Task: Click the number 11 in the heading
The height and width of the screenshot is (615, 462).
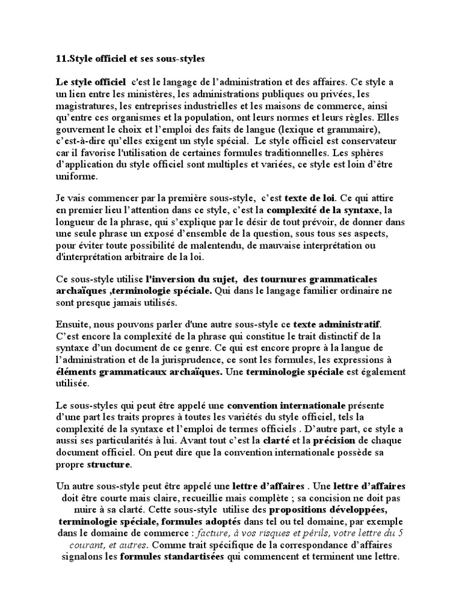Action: (x=60, y=59)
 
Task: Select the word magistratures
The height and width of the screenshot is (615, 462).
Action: (x=83, y=106)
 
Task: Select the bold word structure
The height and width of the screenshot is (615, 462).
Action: (x=108, y=464)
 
